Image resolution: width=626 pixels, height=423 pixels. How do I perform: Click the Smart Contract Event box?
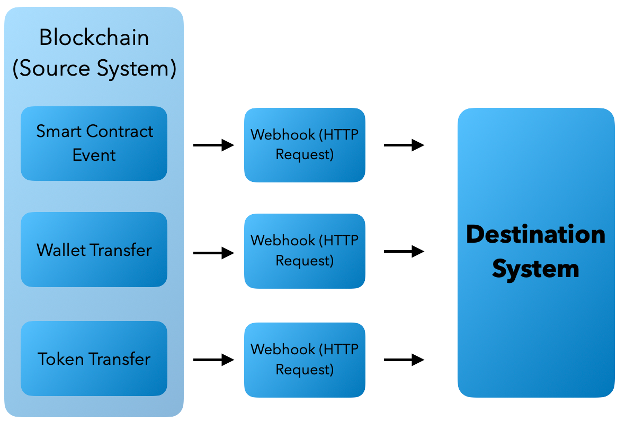click(94, 143)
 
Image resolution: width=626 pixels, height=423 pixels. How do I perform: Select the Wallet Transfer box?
click(94, 250)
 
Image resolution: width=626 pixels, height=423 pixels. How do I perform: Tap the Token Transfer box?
click(94, 359)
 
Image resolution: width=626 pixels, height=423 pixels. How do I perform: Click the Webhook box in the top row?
click(305, 145)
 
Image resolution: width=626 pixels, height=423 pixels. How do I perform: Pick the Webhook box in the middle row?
click(305, 251)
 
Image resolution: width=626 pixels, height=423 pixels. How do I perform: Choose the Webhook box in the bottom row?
click(305, 360)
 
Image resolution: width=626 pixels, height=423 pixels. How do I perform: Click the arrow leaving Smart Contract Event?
click(213, 145)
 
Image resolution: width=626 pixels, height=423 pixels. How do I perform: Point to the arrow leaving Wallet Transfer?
click(213, 253)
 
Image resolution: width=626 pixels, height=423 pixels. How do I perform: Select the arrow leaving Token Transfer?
click(213, 360)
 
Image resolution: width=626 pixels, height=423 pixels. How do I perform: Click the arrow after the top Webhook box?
click(404, 145)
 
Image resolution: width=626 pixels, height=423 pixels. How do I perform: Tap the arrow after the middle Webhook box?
click(404, 252)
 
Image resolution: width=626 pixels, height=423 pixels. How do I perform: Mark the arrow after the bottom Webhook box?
click(404, 360)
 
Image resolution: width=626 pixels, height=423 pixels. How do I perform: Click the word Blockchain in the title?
click(94, 38)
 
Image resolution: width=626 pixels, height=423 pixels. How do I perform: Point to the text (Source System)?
click(94, 69)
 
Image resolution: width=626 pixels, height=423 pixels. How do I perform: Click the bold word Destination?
click(535, 234)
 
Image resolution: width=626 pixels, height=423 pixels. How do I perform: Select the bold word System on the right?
click(535, 269)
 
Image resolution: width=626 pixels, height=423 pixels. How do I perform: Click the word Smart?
click(59, 131)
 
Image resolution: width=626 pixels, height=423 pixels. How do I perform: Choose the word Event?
click(94, 155)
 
